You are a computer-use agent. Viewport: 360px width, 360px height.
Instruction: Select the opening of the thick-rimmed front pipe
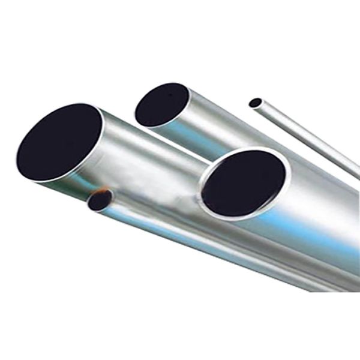click(243, 183)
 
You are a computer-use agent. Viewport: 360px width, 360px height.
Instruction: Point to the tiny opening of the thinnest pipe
click(255, 103)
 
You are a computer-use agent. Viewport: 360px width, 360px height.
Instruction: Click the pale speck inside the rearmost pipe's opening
click(170, 94)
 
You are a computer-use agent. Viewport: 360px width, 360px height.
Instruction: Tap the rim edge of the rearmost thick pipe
click(187, 96)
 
